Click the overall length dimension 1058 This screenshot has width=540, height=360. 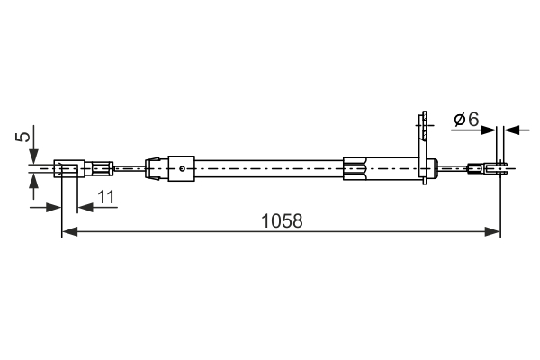click(281, 220)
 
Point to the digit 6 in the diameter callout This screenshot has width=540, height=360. click(472, 119)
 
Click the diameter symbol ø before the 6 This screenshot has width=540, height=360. click(458, 119)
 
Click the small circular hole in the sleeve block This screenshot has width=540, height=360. click(183, 166)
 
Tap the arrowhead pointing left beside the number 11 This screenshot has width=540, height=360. click(84, 207)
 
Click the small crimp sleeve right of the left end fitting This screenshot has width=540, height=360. click(101, 167)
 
